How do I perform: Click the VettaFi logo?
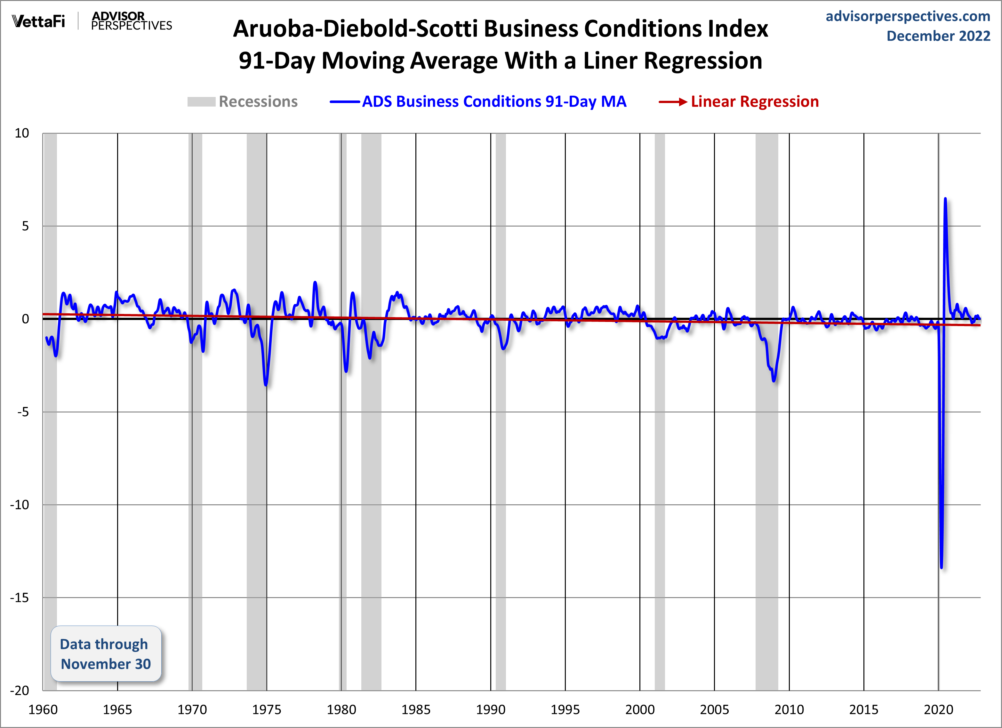38,21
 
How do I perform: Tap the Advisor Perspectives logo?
131,21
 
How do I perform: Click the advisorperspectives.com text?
908,16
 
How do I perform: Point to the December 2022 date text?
938,36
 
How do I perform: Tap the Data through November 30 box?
106,653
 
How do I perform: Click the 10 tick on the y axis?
22,133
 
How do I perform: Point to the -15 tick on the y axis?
20,598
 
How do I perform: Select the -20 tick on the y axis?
20,691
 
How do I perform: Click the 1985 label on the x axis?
416,710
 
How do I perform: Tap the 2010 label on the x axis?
789,710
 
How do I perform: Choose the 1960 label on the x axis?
43,710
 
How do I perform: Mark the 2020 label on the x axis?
938,710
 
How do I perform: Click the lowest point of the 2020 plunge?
942,567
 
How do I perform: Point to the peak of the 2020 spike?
945,198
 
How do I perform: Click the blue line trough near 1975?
266,385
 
